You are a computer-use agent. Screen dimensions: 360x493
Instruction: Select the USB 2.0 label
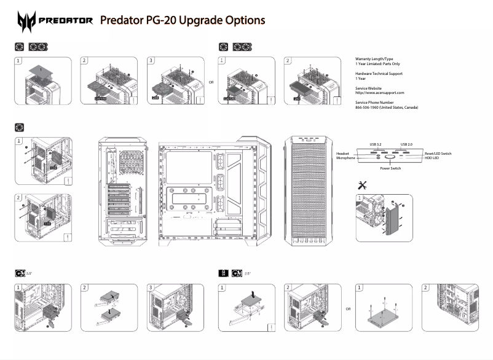(406, 144)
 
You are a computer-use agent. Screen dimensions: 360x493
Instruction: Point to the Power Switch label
(390, 168)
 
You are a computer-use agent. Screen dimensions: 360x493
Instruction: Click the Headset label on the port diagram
(342, 153)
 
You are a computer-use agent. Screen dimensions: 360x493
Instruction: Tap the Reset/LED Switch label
(438, 153)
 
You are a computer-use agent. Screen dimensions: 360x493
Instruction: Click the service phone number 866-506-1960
(386, 108)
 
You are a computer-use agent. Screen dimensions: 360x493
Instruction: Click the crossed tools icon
(362, 185)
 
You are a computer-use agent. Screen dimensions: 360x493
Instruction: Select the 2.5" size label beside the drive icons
(247, 272)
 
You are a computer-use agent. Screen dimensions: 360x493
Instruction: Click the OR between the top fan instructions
(211, 82)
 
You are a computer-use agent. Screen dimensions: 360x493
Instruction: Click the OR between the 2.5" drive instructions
(349, 308)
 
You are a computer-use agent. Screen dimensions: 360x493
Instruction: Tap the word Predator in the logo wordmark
(65, 21)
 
